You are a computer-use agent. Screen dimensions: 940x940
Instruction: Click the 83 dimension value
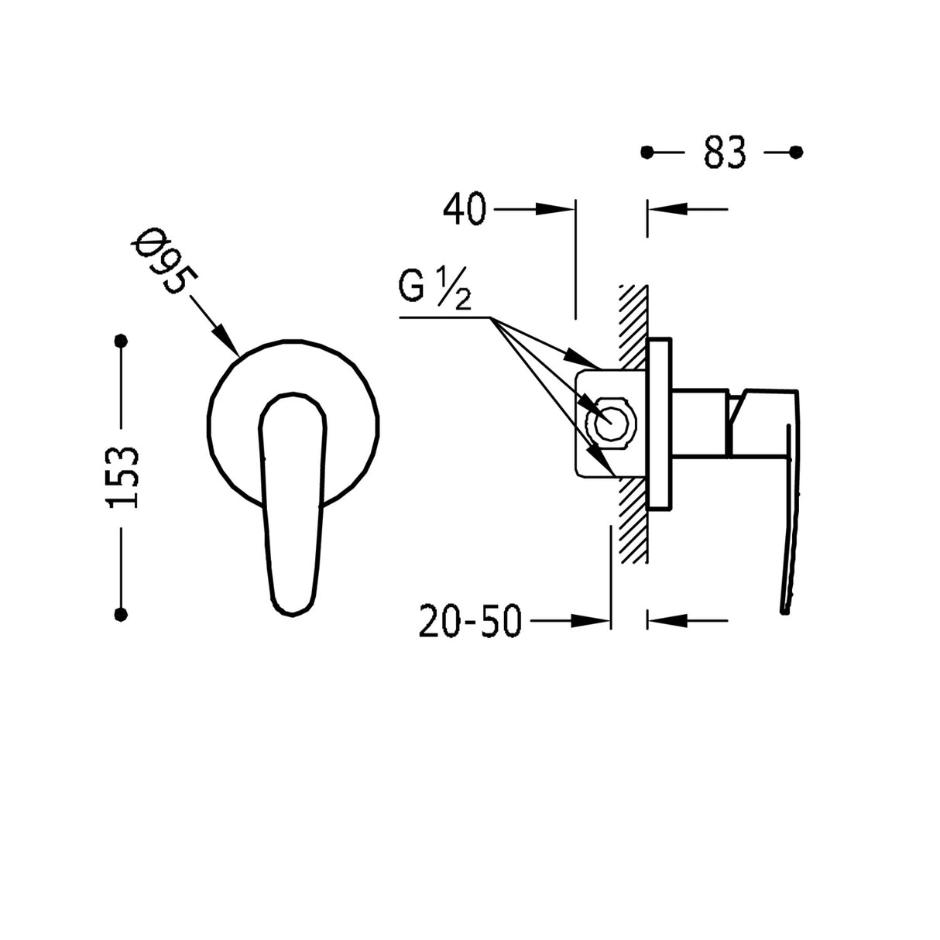[725, 153]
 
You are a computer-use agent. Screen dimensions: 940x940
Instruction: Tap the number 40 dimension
[465, 209]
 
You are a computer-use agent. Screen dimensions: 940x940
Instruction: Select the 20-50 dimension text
[470, 621]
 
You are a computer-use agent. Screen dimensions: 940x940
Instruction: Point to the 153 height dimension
[122, 477]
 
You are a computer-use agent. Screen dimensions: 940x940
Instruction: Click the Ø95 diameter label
[164, 260]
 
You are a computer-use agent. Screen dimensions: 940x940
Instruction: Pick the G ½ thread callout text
[434, 289]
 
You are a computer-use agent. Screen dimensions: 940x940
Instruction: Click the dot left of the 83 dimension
[647, 153]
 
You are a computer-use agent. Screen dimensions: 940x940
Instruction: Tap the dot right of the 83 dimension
[796, 153]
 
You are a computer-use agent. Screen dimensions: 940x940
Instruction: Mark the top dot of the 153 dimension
[121, 341]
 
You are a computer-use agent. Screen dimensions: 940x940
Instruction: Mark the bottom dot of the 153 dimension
[121, 615]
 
